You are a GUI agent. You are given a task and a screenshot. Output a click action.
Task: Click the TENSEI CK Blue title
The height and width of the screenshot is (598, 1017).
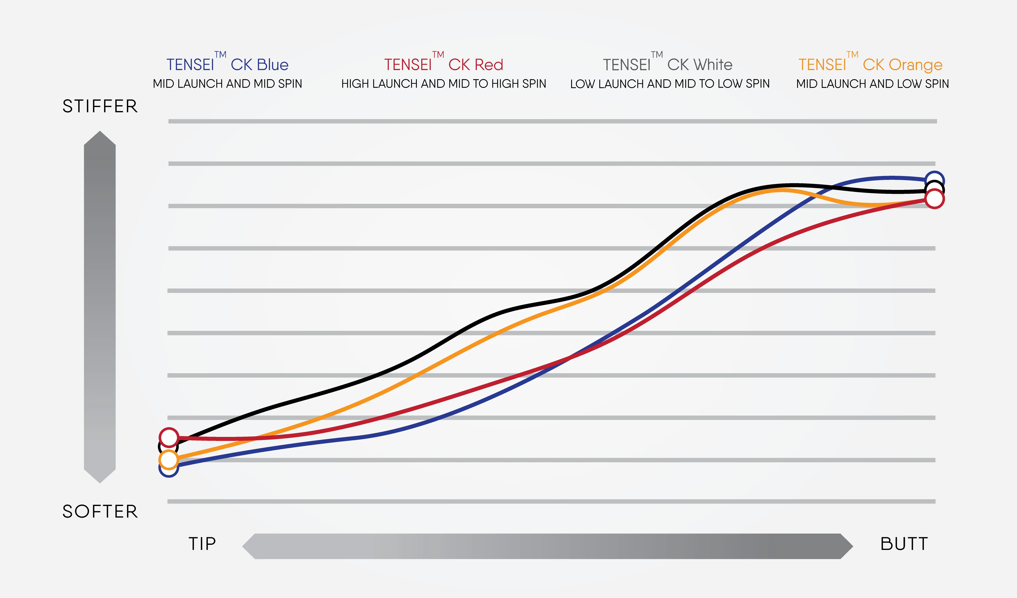click(228, 64)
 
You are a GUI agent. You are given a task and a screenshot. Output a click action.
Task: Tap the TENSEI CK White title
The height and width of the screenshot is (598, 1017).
click(667, 64)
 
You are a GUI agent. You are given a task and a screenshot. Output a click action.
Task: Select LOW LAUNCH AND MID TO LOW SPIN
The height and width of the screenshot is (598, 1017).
click(670, 84)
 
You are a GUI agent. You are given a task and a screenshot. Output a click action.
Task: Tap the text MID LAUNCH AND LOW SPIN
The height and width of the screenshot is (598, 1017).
click(872, 84)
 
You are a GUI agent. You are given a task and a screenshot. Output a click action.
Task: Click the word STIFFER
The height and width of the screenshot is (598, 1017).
click(100, 106)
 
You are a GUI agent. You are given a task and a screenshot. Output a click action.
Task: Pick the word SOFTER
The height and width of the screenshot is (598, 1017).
click(100, 512)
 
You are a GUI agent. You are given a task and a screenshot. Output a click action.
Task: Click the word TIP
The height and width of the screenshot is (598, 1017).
click(202, 544)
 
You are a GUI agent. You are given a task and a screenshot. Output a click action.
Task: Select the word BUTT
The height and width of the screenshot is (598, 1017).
click(904, 544)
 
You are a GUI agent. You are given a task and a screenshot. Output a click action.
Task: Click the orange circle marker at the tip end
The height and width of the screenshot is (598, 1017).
click(169, 459)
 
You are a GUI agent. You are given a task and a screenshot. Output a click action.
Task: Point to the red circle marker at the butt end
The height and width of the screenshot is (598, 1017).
click(935, 199)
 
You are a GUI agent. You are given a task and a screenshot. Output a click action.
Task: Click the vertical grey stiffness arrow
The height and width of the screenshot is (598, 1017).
click(100, 307)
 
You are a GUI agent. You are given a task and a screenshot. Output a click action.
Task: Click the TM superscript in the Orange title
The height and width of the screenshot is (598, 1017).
click(852, 54)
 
